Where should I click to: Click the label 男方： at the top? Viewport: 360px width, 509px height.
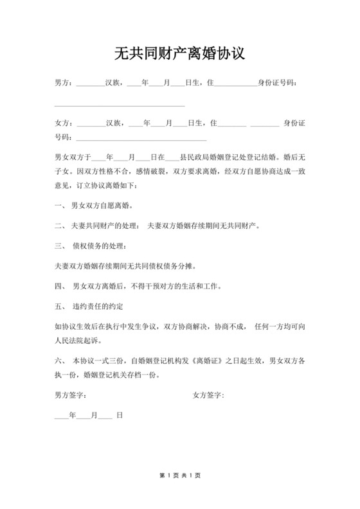point(65,83)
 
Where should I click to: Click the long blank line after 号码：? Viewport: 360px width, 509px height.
point(141,138)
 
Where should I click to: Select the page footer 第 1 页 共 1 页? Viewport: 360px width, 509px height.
point(180,476)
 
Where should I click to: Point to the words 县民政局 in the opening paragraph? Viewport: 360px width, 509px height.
point(197,156)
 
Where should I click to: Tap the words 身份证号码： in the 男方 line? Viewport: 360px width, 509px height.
point(278,83)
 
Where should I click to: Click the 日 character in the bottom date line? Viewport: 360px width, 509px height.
point(120,416)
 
